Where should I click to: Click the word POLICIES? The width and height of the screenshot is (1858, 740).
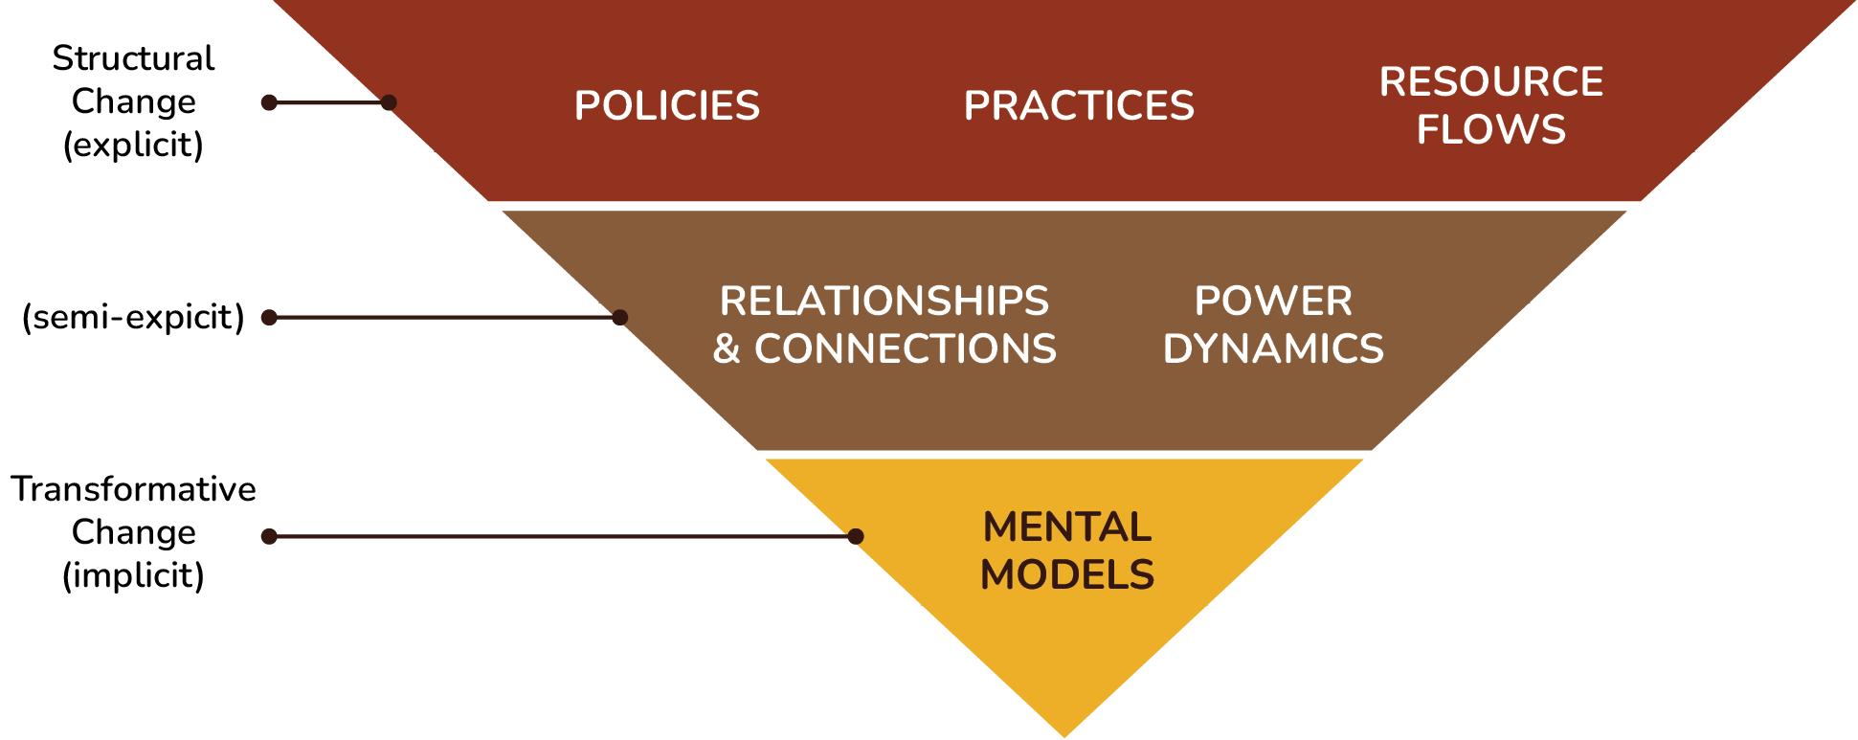point(666,105)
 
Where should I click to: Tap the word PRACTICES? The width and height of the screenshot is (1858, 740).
point(1079,105)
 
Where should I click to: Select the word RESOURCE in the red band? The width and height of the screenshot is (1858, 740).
point(1490,82)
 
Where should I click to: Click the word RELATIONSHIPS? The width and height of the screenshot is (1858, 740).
point(884,302)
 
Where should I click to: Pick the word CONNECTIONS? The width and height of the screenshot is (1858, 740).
point(905,349)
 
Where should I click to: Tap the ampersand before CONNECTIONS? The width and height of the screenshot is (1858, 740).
point(727,349)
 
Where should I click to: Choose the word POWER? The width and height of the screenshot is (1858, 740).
point(1272,302)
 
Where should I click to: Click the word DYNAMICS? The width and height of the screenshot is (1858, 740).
point(1272,349)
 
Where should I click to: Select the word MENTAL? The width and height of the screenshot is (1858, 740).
point(1066,527)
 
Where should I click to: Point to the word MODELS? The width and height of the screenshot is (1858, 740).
point(1066,575)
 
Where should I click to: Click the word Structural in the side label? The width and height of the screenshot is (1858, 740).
point(133,58)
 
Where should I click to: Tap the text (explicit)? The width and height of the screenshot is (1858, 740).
point(133,145)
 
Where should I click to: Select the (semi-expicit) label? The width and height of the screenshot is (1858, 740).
point(133,317)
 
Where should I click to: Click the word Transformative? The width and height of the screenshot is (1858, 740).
point(133,489)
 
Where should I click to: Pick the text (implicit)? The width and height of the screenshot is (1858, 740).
point(133,575)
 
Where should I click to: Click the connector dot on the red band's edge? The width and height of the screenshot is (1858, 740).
point(389,102)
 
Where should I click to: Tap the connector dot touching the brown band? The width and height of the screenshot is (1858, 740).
point(620,317)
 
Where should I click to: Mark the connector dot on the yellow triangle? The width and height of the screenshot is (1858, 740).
point(856,536)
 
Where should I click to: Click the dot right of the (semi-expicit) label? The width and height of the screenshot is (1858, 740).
point(269,317)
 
